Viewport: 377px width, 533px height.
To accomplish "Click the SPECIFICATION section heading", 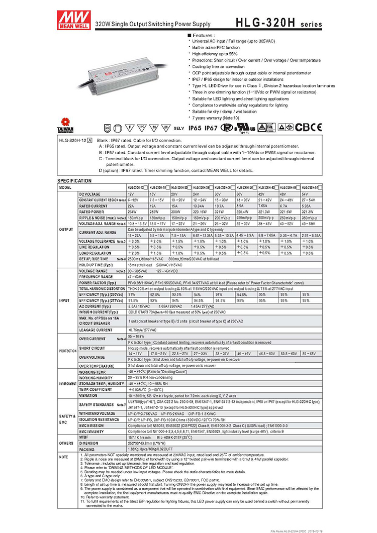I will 75,180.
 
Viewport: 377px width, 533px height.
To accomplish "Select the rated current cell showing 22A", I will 131,206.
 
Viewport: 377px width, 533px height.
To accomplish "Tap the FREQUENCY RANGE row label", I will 96,277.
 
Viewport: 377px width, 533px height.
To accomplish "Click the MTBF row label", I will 83,437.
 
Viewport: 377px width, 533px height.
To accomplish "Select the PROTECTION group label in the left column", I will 67,350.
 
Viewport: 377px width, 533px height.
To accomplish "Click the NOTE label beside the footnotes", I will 63,457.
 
